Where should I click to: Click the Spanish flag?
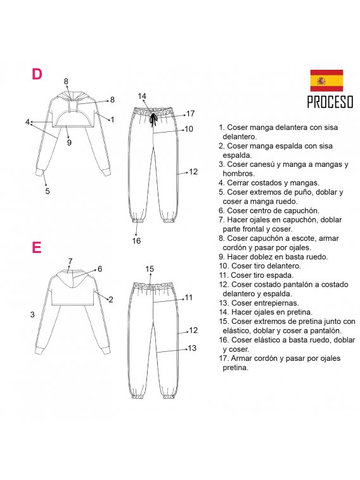point(326,81)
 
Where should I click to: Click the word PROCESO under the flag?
point(330,101)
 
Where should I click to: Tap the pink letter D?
point(37,74)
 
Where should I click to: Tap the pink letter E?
point(36,247)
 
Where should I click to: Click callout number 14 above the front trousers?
point(142,96)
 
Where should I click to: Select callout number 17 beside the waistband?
point(191,114)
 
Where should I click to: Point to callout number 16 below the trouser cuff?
point(136,241)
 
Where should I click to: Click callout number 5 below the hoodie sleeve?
point(48,191)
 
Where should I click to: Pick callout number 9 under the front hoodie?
point(69,142)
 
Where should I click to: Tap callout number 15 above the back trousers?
point(150,269)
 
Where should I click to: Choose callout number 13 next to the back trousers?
point(192,348)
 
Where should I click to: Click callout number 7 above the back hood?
point(70,261)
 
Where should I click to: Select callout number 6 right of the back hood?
point(100,269)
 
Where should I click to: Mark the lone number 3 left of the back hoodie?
point(32,315)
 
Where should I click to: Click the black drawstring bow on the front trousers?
point(153,120)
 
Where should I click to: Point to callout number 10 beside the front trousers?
point(189,129)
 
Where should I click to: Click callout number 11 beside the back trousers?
point(189,297)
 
